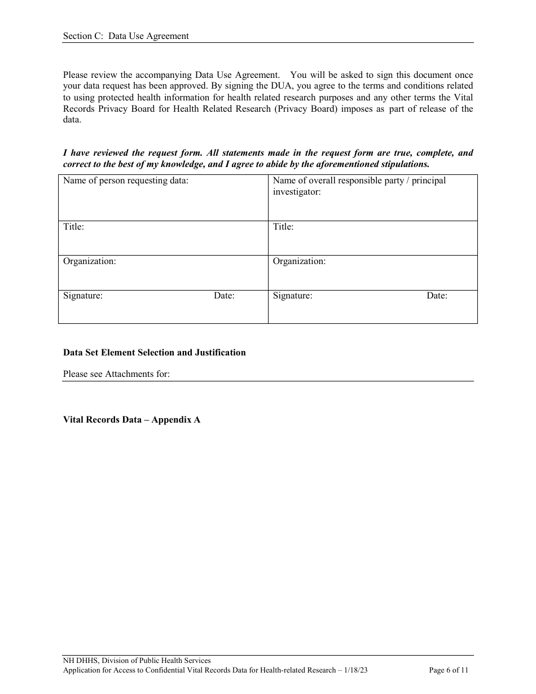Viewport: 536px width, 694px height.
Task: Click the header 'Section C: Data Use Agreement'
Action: [126, 36]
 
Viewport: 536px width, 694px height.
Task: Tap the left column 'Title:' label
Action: [73, 227]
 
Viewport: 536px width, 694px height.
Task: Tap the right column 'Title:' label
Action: [283, 227]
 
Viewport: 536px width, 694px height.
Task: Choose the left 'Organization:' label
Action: [90, 261]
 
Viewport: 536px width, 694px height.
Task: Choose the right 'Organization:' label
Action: [299, 261]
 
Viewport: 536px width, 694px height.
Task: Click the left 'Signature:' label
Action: [83, 296]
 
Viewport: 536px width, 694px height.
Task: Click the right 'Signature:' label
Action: [292, 296]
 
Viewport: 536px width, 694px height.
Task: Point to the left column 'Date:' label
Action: [224, 296]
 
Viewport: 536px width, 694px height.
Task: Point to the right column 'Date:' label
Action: [437, 296]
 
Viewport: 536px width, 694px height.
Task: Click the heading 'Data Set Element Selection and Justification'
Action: [154, 353]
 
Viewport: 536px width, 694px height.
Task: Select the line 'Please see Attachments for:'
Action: [116, 374]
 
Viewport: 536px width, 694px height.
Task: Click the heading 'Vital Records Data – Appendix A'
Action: [131, 420]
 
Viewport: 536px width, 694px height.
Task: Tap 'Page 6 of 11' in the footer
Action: [449, 670]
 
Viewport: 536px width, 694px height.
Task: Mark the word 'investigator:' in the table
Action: [297, 192]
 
